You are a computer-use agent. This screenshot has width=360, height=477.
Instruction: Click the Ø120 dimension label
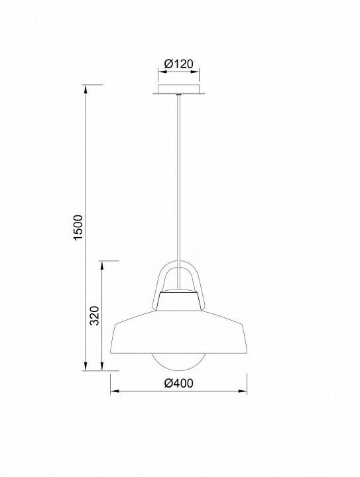pyautogui.click(x=178, y=64)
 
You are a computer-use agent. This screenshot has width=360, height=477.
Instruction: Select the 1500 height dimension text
pyautogui.click(x=78, y=227)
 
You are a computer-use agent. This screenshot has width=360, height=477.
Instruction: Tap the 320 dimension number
pyautogui.click(x=95, y=315)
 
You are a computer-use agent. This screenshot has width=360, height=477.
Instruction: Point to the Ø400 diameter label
pyautogui.click(x=178, y=383)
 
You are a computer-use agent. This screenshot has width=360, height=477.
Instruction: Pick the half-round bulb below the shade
pyautogui.click(x=179, y=362)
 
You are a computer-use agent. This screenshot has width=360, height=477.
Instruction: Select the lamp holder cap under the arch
pyautogui.click(x=179, y=299)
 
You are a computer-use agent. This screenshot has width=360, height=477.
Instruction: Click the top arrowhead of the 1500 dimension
pyautogui.click(x=86, y=89)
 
